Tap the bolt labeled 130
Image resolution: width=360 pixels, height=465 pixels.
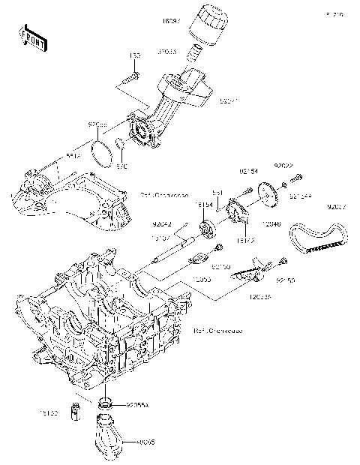click(131, 75)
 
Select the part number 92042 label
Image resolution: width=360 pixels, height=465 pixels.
click(163, 223)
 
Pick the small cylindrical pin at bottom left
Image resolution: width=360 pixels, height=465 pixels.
click(76, 411)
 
